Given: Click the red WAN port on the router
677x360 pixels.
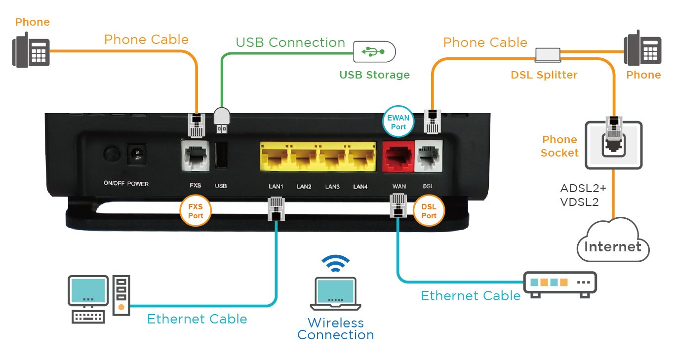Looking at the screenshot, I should click(398, 158).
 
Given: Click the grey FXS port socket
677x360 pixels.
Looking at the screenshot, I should click(196, 156).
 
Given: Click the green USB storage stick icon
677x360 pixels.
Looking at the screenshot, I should click(375, 51).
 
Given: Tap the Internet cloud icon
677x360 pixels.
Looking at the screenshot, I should click(613, 241).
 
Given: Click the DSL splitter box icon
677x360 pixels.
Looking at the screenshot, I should click(548, 55).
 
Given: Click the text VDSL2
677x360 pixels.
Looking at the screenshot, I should click(579, 201).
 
